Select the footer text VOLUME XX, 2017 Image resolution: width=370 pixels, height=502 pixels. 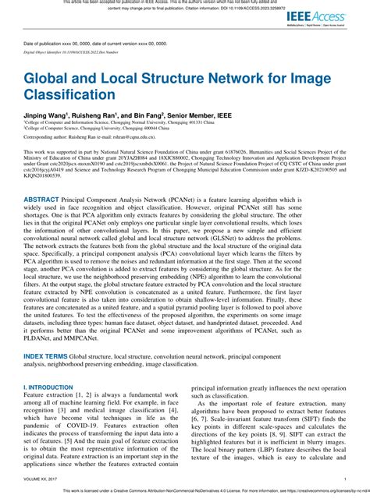41,479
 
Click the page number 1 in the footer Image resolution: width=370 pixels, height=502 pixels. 344,479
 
